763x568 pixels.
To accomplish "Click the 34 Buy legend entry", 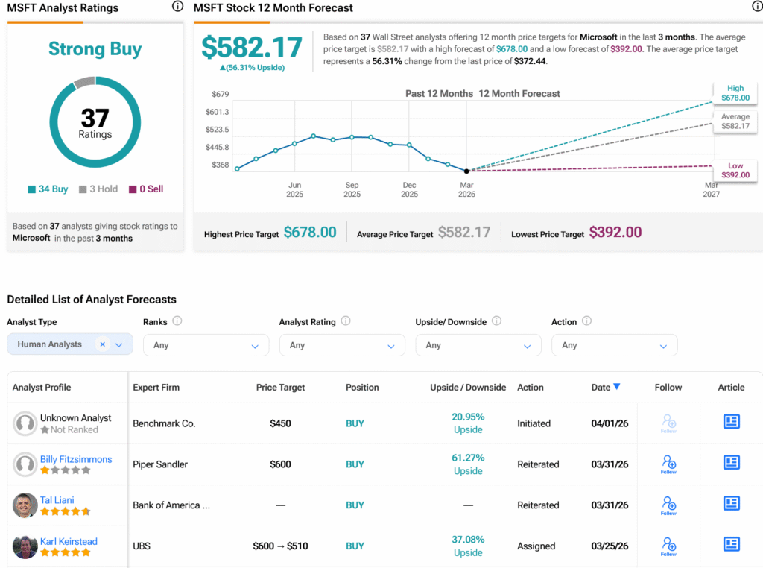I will [x=48, y=189].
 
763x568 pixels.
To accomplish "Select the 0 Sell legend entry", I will [x=146, y=189].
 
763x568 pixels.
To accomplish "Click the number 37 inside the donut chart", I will [x=95, y=118].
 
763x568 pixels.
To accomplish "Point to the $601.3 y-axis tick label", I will [x=217, y=112].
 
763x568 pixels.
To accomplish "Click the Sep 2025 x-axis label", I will [x=352, y=189].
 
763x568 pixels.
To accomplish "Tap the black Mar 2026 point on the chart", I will [x=466, y=171].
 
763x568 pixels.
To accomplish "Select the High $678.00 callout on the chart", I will [x=735, y=92].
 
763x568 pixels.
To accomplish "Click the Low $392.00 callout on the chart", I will [x=735, y=170].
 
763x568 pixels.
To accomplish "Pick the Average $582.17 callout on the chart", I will [x=735, y=122].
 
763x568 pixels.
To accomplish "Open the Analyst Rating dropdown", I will [x=342, y=345].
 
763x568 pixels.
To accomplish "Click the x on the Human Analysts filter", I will [x=103, y=344].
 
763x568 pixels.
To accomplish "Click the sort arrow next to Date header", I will [x=616, y=387].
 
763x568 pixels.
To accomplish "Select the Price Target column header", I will [x=280, y=388].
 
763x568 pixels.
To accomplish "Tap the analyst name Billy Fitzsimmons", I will [x=76, y=459].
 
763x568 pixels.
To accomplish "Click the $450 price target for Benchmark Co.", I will [x=280, y=423].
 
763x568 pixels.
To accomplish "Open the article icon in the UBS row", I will [x=731, y=544].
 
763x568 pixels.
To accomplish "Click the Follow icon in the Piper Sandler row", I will [x=668, y=464].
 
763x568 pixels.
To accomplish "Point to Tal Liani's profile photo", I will [x=25, y=505].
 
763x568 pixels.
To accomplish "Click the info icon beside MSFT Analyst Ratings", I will [x=177, y=7].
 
